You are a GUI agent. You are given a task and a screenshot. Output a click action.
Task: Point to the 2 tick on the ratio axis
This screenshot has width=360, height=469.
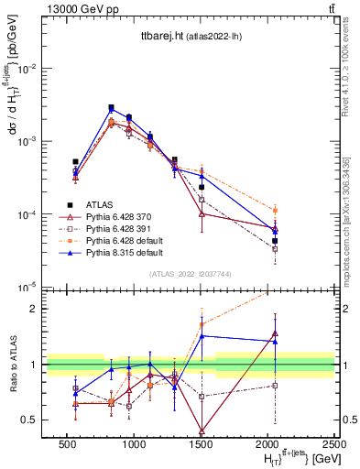(34, 309)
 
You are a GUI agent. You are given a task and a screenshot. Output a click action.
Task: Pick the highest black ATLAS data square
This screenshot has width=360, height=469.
(111, 107)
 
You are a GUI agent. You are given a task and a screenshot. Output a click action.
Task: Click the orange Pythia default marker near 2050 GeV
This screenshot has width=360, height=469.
(275, 210)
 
